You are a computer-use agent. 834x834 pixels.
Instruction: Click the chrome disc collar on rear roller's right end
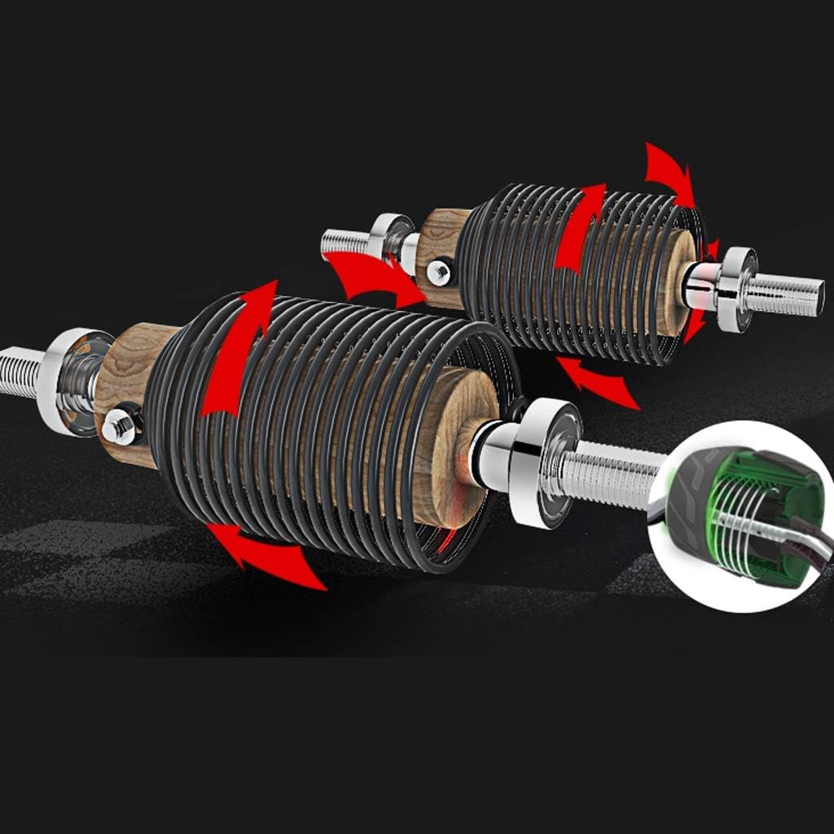coord(736,288)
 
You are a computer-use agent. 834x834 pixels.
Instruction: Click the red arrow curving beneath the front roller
coord(261,554)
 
